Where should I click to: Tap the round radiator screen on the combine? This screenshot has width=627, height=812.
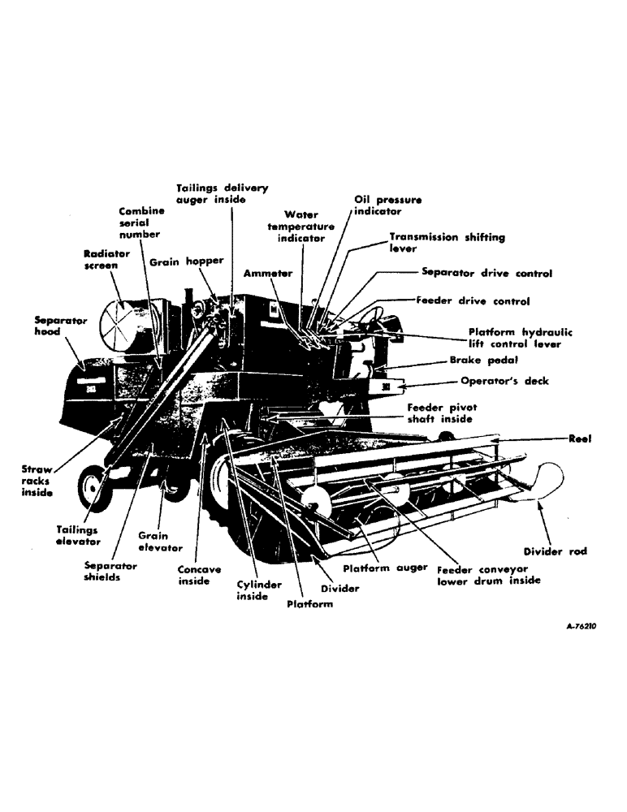pos(119,323)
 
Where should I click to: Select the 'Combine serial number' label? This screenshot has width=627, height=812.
pos(141,222)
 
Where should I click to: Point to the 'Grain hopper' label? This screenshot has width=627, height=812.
pos(186,261)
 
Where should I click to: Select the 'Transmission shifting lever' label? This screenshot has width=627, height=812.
pos(446,243)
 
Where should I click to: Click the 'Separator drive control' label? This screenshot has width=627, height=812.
pos(486,274)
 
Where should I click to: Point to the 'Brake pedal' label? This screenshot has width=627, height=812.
pos(481,358)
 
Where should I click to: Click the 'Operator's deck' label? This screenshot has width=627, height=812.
pos(504,381)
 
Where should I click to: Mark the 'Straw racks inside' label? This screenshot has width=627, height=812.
pos(37,481)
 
